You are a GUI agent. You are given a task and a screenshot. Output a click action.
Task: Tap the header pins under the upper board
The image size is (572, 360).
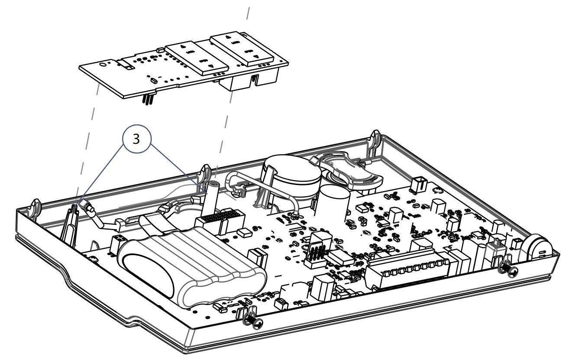coord(147,100)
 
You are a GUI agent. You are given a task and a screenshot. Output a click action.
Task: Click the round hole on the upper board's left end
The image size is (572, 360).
coord(102,64)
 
